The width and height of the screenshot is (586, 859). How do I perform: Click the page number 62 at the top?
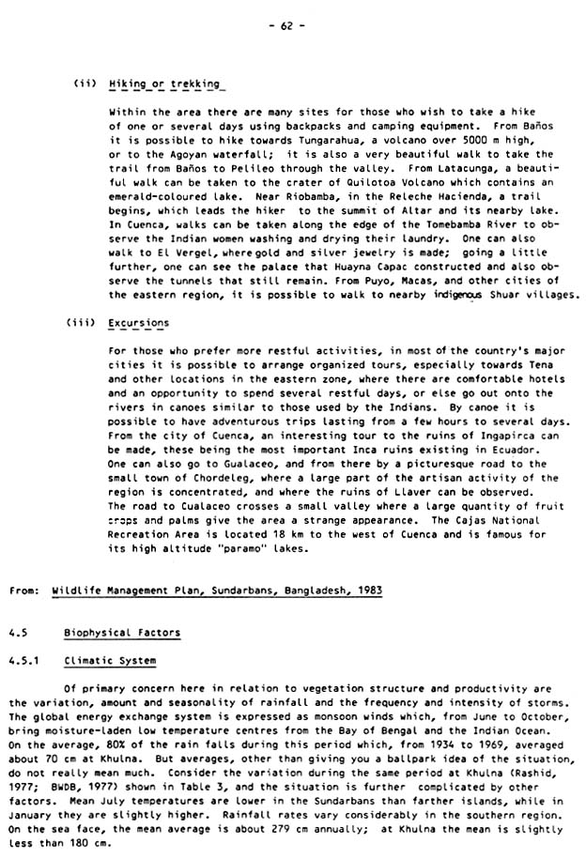click(292, 25)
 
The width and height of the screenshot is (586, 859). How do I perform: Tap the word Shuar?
click(488, 294)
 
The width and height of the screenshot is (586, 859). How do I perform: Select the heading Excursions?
click(139, 322)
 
